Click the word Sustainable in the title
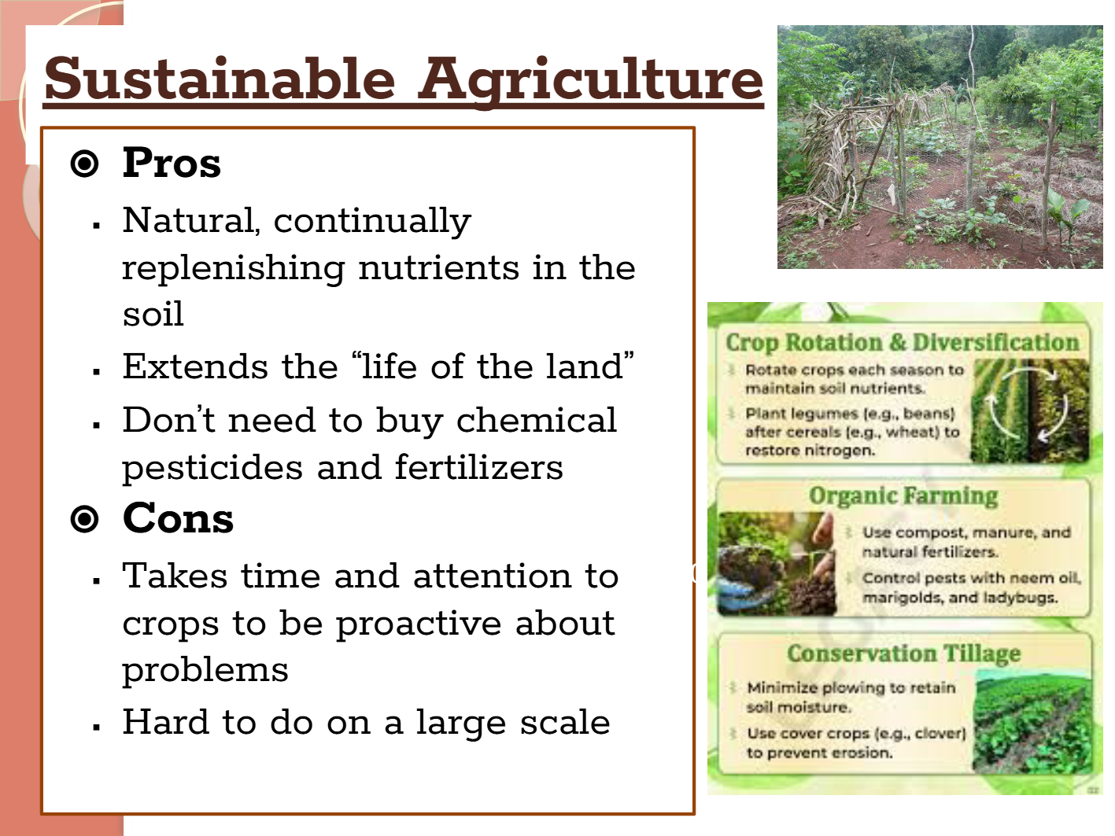pos(220,79)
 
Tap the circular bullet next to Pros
pos(84,164)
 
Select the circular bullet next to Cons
pos(84,519)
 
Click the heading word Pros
pos(172,163)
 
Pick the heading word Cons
pos(178,518)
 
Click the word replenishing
pos(234,269)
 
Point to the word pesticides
pos(212,468)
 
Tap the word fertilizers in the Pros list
pos(479,467)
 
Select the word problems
pos(205,671)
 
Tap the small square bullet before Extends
pos(97,372)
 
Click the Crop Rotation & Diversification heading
pos(903,343)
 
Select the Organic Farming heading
pos(903,496)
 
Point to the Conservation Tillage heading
pos(903,654)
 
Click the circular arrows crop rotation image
pos(1030,410)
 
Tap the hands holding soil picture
pos(777,563)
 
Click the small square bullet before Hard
pos(97,728)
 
